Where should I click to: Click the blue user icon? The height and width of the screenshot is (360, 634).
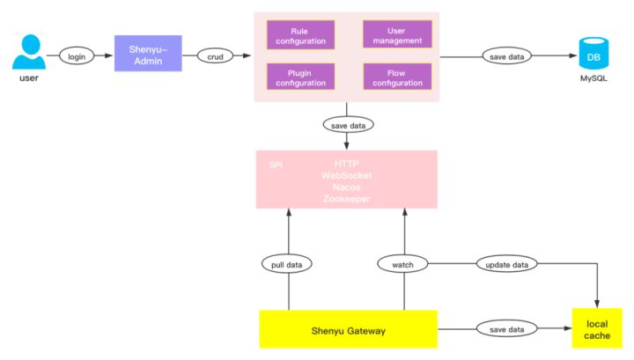[28, 53]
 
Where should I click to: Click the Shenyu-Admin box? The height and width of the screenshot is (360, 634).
[148, 55]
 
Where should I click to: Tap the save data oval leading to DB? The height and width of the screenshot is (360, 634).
[505, 57]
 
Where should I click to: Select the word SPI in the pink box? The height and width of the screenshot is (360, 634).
[276, 165]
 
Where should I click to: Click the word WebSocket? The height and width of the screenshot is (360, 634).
[346, 176]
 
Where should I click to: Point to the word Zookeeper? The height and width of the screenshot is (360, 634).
[346, 199]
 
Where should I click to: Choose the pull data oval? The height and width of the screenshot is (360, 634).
[288, 263]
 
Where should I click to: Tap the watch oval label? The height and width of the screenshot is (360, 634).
[402, 263]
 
